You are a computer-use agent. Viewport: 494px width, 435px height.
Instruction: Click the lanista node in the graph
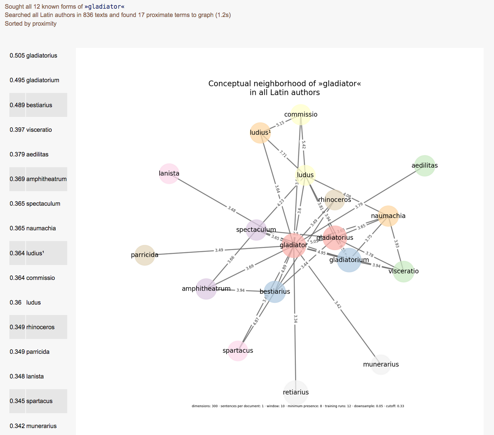[169, 173]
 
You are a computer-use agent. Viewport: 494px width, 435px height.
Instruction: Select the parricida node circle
[145, 255]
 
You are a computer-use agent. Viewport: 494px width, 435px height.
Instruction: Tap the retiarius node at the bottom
[295, 392]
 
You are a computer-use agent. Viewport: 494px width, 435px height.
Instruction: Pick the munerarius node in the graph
[381, 365]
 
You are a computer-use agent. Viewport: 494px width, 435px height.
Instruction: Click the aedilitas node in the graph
[424, 166]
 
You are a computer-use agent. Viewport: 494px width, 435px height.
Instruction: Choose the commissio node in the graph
[301, 114]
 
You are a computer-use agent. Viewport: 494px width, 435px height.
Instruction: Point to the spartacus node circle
[238, 351]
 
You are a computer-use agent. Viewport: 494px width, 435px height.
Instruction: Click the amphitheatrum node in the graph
[206, 289]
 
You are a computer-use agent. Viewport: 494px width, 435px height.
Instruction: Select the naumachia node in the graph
[388, 216]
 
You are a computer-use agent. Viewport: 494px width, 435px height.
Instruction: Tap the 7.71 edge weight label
[283, 154]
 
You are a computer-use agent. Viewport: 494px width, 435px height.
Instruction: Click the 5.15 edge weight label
[280, 123]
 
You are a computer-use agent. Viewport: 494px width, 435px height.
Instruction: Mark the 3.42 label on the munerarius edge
[338, 304]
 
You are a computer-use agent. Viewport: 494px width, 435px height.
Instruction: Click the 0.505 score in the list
[17, 56]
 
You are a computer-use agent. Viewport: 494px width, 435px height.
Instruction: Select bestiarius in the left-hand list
[39, 105]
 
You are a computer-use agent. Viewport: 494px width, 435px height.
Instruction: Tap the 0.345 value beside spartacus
[17, 401]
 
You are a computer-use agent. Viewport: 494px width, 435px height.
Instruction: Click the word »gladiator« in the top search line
[104, 7]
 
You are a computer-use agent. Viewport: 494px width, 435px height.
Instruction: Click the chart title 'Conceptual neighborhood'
[284, 84]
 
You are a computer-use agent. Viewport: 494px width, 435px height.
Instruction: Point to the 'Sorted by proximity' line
[31, 24]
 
